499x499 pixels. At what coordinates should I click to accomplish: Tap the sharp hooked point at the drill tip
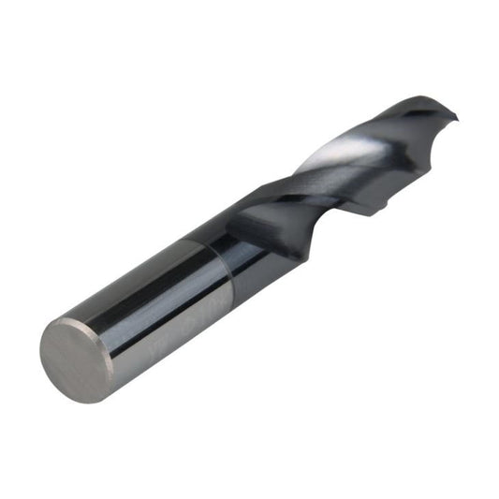pyautogui.click(x=456, y=117)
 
